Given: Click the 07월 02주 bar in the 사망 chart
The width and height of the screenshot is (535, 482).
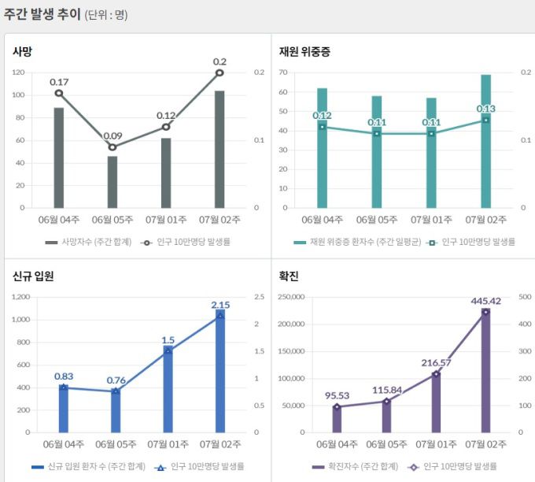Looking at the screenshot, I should click(220, 150).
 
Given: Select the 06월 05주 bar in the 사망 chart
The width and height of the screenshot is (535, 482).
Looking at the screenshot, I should click(113, 182).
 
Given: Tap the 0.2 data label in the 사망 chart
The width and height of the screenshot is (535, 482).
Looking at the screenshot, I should click(220, 61).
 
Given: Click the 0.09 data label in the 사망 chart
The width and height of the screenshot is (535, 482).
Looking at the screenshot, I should click(113, 135).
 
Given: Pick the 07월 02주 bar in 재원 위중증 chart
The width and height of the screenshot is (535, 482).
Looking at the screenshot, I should click(485, 142).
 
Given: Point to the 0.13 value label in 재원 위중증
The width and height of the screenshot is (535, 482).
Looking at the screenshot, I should click(485, 109).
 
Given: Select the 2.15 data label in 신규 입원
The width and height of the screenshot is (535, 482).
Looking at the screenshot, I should click(220, 304).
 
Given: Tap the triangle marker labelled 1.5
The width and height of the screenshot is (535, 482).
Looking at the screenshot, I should click(168, 350).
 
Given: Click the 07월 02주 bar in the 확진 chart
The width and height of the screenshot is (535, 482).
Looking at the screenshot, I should click(485, 370).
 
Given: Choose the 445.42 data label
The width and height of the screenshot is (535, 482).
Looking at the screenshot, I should click(485, 300).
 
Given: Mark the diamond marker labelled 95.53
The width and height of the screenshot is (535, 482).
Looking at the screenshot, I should click(338, 407).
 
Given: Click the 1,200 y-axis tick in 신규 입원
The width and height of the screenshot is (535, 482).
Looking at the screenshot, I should click(20, 297).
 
